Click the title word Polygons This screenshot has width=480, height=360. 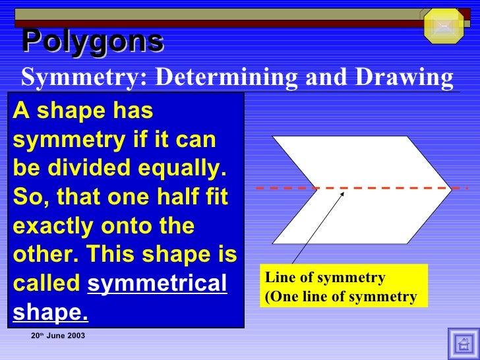(x=92, y=42)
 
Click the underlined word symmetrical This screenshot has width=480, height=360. (x=157, y=284)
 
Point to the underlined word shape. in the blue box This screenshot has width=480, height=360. (x=50, y=313)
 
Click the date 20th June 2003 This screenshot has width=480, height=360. (x=58, y=336)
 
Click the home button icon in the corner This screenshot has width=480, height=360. (x=463, y=344)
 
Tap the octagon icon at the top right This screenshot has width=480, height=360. (x=443, y=26)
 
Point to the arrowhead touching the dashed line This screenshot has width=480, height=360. (x=343, y=192)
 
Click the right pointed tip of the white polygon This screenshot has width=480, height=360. (x=451, y=189)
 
